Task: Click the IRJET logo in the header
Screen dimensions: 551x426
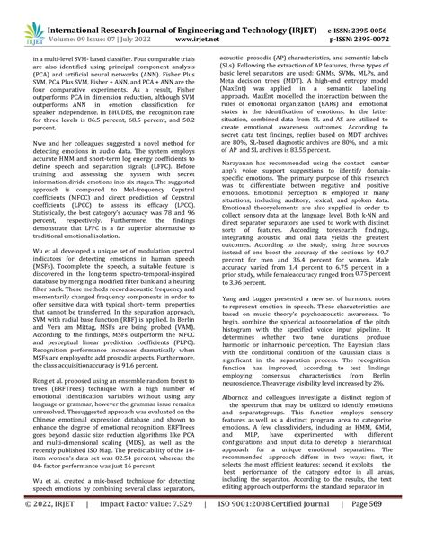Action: tap(24, 19)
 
